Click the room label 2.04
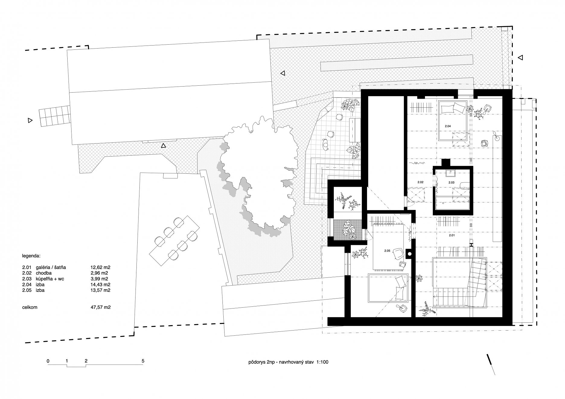448,126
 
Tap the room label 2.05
387,251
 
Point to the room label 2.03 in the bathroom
452,182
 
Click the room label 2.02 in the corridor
420,182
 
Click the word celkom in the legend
30,308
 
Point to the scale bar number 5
143,361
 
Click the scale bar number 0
48,361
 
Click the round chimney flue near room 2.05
410,254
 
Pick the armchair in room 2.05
398,254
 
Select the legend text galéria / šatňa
53,267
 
